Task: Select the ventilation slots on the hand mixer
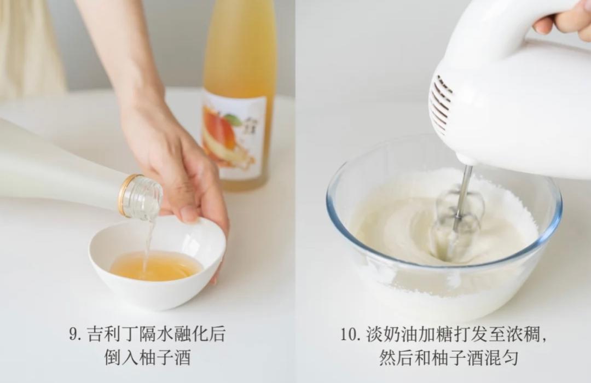[x=441, y=104]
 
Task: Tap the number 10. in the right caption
[x=350, y=334]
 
